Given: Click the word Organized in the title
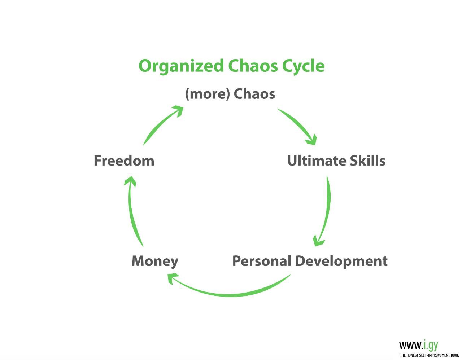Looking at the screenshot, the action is point(181,66).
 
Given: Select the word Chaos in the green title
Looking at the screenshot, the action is point(253,66).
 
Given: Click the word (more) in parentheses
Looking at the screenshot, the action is point(208,94).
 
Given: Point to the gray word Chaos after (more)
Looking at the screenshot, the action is point(254,94).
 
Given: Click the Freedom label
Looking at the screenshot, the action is point(124,161).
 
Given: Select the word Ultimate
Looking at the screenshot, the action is point(317,161).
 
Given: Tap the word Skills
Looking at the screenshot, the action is point(367,161).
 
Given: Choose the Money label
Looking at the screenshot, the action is point(155,261).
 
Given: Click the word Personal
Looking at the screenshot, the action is point(262,261).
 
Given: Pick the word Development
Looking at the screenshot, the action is point(341,262).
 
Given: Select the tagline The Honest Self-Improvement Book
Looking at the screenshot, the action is point(429,355).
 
